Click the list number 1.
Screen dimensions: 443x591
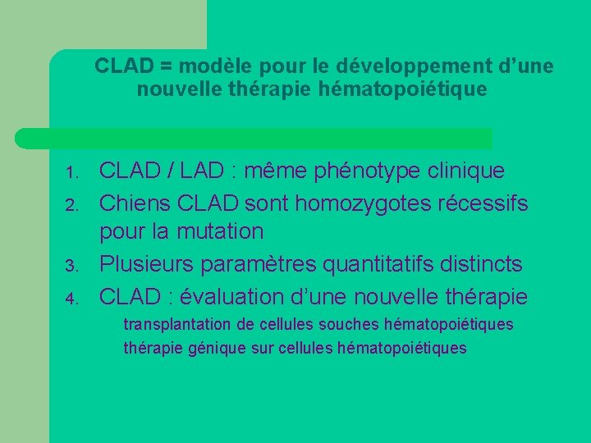pos(71,173)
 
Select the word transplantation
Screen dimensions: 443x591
pos(173,325)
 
